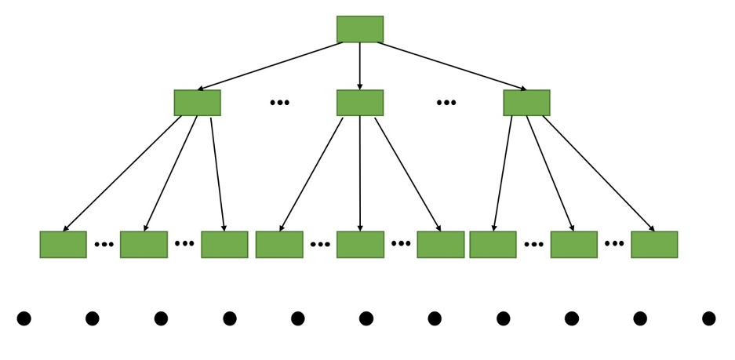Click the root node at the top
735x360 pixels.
(360, 29)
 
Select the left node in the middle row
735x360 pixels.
(197, 103)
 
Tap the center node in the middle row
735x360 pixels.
(360, 103)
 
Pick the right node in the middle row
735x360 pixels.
(526, 103)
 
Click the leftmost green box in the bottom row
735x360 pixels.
(63, 244)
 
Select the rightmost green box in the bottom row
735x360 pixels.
(654, 244)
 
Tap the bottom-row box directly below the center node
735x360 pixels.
(360, 244)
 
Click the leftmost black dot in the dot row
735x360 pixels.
(24, 318)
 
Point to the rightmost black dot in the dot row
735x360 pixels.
(708, 318)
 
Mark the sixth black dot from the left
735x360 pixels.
(366, 318)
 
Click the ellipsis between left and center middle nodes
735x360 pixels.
(279, 103)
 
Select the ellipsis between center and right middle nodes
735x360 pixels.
(446, 103)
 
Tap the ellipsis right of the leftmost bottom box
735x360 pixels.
(104, 244)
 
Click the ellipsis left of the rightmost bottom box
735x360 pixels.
(614, 243)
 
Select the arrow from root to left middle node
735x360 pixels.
(271, 66)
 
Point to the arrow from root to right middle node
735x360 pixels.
(451, 66)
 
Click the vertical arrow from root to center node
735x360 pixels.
(360, 66)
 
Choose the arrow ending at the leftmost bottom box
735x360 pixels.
(122, 174)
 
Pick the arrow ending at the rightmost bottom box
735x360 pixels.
(599, 174)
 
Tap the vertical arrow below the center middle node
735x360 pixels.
(360, 174)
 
